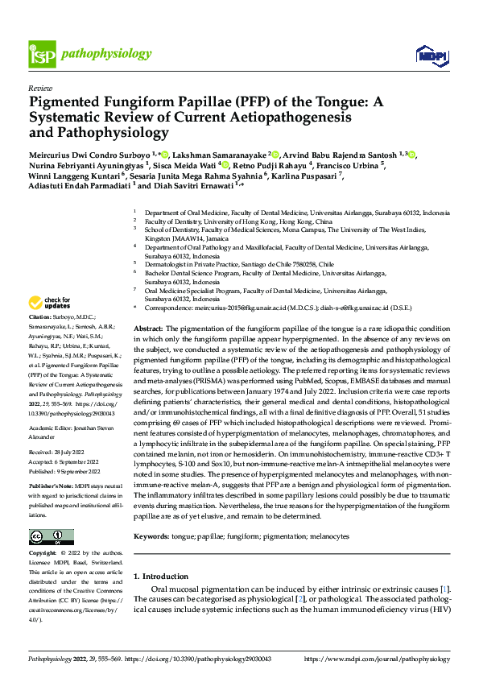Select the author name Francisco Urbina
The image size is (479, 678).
click(x=351, y=164)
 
